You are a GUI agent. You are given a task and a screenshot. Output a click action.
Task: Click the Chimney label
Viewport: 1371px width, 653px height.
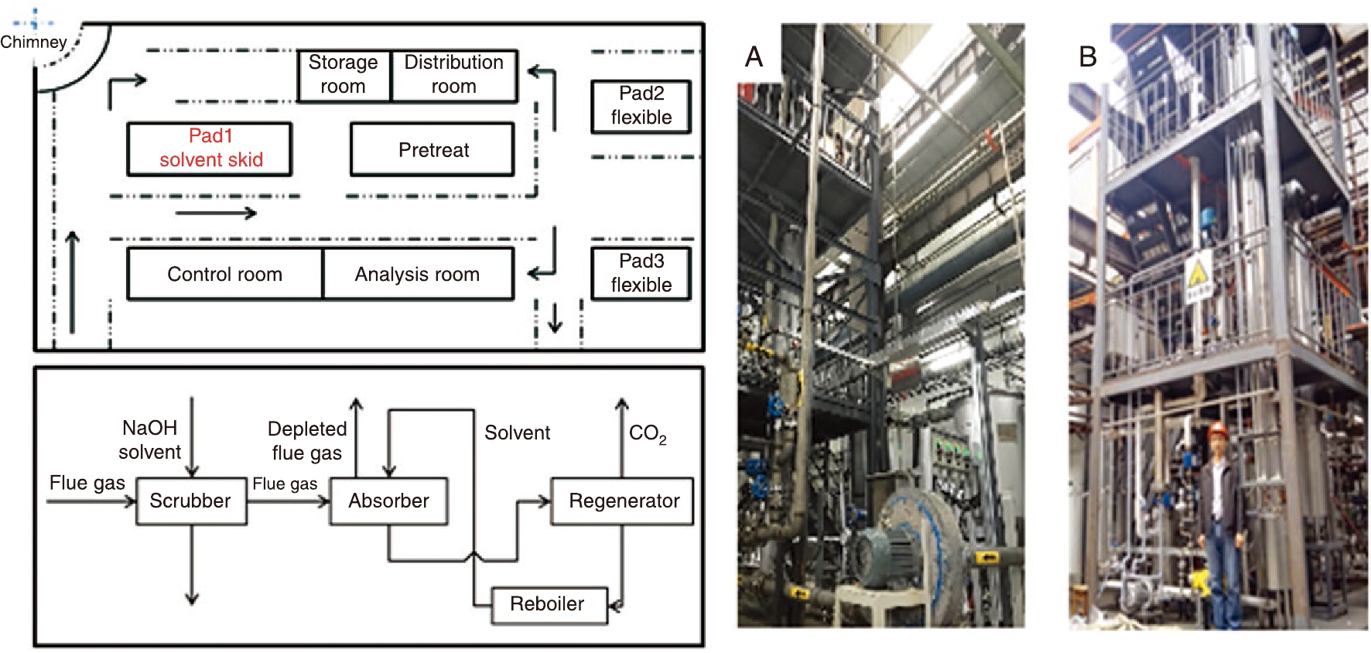pyautogui.click(x=33, y=42)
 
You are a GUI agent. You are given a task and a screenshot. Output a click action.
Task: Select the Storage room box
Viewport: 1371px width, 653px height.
pyautogui.click(x=344, y=75)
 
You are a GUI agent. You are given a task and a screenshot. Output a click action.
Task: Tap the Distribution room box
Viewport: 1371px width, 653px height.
pyautogui.click(x=454, y=75)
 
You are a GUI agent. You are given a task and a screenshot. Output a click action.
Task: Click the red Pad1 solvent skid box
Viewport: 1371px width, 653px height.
pyautogui.click(x=210, y=149)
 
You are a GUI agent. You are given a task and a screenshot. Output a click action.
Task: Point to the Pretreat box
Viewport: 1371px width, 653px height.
pyautogui.click(x=432, y=149)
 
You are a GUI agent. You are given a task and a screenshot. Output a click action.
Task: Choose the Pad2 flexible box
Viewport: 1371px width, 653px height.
pyautogui.click(x=641, y=106)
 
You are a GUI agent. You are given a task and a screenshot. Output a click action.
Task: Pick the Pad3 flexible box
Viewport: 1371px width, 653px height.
pyautogui.click(x=641, y=273)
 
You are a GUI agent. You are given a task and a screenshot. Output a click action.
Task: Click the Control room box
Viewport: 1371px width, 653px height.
pyautogui.click(x=224, y=274)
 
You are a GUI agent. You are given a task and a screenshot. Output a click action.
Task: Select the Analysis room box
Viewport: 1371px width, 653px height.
pyautogui.click(x=418, y=274)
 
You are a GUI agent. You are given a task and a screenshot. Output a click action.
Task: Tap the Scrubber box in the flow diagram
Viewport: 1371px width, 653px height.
pyautogui.click(x=191, y=501)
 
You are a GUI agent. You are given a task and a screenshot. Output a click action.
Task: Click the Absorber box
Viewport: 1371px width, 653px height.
pyautogui.click(x=388, y=501)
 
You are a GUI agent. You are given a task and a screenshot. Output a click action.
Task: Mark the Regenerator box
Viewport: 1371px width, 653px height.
pyautogui.click(x=623, y=501)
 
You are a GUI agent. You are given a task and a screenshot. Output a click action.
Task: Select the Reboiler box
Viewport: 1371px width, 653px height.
pyautogui.click(x=548, y=604)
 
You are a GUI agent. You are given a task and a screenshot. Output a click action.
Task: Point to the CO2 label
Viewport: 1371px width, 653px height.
pyautogui.click(x=647, y=434)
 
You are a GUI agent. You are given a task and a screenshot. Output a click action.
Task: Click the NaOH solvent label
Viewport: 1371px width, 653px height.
pyautogui.click(x=150, y=439)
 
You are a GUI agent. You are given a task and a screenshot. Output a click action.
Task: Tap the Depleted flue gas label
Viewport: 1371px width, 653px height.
pyautogui.click(x=307, y=440)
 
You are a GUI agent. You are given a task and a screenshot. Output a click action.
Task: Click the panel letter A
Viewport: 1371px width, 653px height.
pyautogui.click(x=754, y=56)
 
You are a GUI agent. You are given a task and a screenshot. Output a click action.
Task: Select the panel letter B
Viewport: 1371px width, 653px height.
pyautogui.click(x=1088, y=56)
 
